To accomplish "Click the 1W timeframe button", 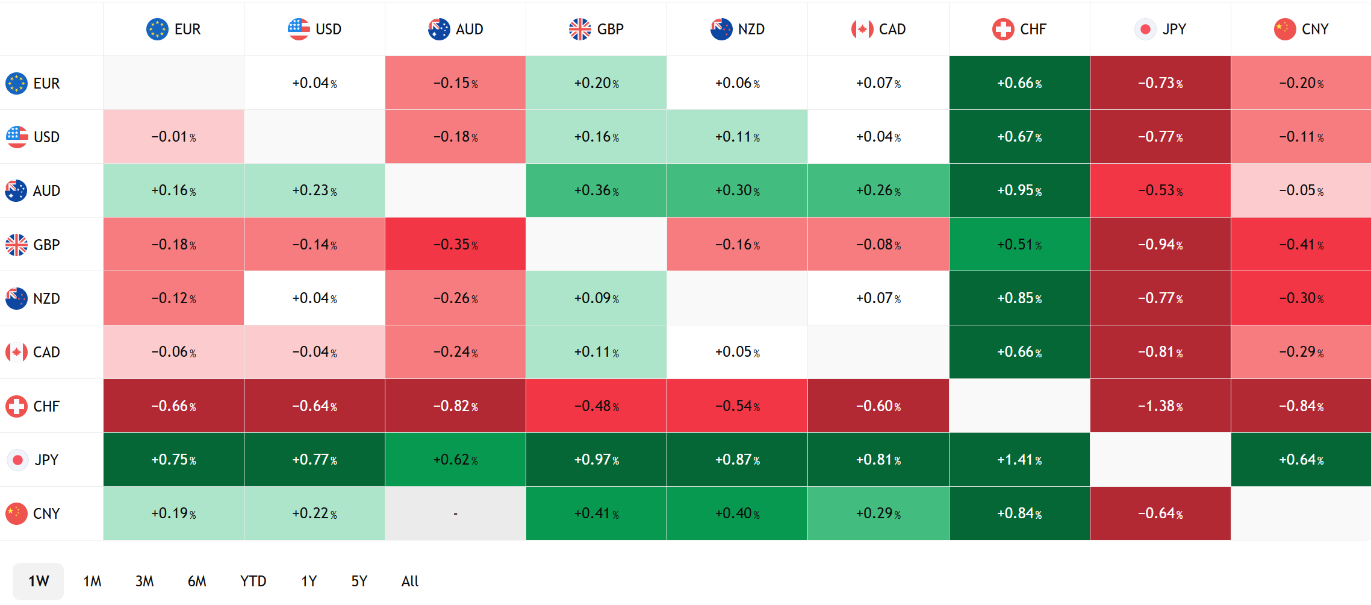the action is click(39, 581).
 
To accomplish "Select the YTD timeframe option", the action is click(253, 581).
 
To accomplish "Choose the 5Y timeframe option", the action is click(359, 581).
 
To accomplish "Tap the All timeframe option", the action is click(410, 581).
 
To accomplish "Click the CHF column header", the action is click(1019, 29).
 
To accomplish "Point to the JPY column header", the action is click(1160, 29).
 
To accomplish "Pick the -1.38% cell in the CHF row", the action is click(1160, 406).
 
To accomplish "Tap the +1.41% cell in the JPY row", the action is click(1019, 460).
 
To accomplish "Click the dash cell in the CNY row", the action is click(455, 513).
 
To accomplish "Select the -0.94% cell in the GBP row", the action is click(1160, 245).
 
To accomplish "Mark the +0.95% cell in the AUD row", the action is click(1019, 190).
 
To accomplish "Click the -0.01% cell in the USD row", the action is click(173, 137).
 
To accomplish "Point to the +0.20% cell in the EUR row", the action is click(596, 83).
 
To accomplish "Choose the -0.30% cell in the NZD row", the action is click(1301, 298).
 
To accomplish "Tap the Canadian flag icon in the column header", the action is click(862, 29).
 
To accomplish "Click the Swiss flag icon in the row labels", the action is click(16, 406).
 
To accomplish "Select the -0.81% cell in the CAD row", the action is click(1160, 352).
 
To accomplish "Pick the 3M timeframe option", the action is click(145, 581).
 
